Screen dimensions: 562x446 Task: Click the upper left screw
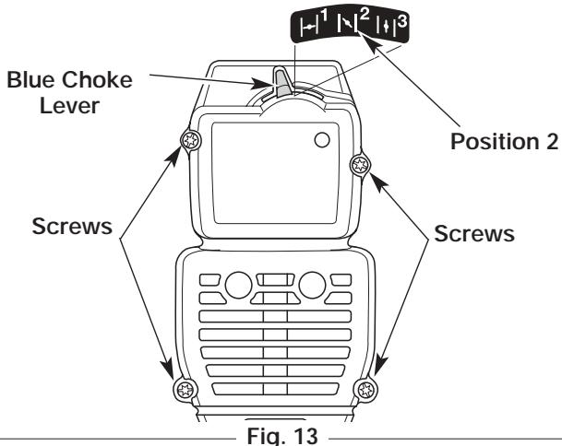(x=190, y=140)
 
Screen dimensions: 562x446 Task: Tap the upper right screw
(x=360, y=165)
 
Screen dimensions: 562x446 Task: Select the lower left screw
(x=185, y=389)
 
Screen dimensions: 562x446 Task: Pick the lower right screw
(x=366, y=389)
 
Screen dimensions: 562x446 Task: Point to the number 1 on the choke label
(x=324, y=16)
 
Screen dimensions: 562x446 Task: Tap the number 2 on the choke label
(x=364, y=15)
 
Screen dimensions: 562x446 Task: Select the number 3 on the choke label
(x=402, y=21)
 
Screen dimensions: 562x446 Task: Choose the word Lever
(x=69, y=106)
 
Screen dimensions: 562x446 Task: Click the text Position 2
(x=504, y=141)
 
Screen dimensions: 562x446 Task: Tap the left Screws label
(x=72, y=226)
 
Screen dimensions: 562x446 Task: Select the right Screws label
(x=474, y=233)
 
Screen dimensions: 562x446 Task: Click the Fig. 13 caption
(x=282, y=435)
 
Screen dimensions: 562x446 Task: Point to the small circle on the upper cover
(x=322, y=140)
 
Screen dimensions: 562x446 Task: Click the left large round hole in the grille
(x=238, y=285)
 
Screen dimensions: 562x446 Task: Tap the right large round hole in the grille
(x=312, y=285)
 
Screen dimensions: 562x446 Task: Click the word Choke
(x=98, y=79)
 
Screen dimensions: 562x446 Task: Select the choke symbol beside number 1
(x=309, y=27)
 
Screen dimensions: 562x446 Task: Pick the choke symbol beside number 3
(x=386, y=27)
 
